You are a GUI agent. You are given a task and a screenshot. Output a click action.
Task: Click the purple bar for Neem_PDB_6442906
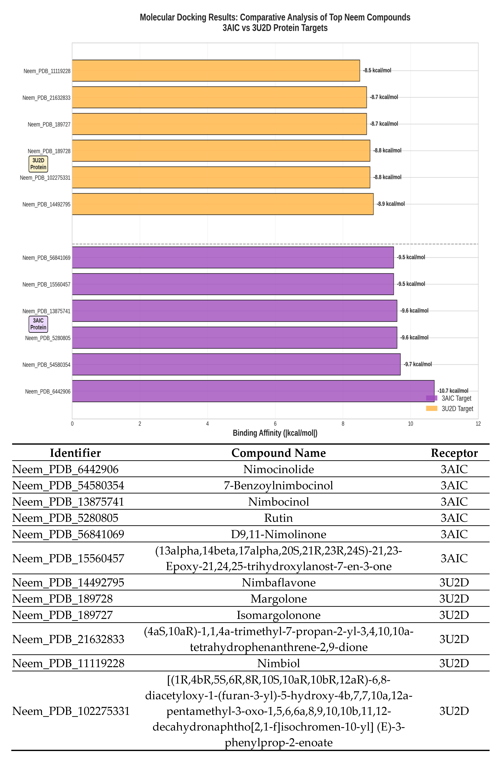click(253, 391)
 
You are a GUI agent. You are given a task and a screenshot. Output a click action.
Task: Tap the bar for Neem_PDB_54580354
click(236, 364)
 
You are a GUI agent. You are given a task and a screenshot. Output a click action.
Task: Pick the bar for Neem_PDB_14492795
click(223, 204)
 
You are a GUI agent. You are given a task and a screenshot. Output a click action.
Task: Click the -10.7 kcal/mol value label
click(453, 391)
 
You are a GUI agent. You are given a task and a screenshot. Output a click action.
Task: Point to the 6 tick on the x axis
click(275, 424)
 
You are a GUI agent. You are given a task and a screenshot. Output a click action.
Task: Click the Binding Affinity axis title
click(275, 433)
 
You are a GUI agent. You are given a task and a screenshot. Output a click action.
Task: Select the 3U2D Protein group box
click(38, 164)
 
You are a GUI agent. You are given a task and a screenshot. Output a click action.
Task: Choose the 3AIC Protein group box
click(38, 324)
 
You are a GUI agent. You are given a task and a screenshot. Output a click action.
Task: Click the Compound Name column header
click(278, 453)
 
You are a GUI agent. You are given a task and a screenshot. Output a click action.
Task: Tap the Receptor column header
click(454, 453)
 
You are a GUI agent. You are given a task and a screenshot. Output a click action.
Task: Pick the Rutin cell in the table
click(278, 518)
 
